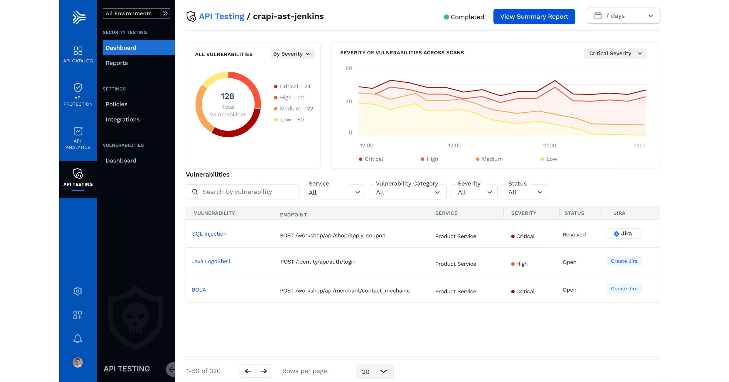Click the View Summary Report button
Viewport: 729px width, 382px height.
click(x=534, y=17)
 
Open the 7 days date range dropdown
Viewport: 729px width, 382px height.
click(x=623, y=16)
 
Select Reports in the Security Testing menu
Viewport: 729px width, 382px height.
click(x=117, y=63)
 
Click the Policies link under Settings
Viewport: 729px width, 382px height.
click(x=116, y=104)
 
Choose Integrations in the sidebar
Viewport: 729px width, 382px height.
click(x=123, y=119)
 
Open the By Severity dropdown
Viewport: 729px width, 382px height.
click(x=292, y=54)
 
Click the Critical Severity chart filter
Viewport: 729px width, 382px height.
click(x=615, y=53)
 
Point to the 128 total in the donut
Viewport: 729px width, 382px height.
click(x=228, y=96)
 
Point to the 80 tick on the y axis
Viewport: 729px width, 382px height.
click(x=348, y=68)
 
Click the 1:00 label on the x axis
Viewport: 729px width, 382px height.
click(x=639, y=146)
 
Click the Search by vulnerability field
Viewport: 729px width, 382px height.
click(x=242, y=192)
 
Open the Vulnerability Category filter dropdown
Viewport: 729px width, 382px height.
click(x=407, y=192)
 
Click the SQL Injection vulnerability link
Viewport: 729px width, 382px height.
click(x=209, y=234)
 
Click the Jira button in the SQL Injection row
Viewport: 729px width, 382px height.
click(x=624, y=234)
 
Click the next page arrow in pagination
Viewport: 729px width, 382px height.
click(x=264, y=371)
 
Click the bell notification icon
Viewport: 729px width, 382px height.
click(x=77, y=339)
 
